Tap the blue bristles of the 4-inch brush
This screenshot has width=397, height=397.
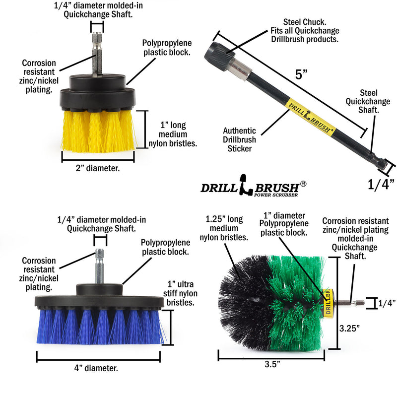coord(99,328)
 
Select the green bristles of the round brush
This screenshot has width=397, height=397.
coord(295,303)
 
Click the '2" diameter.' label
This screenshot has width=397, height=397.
coord(98,168)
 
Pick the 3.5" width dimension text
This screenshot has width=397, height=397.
coord(272,364)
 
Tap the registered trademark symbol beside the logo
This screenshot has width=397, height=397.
coord(303,184)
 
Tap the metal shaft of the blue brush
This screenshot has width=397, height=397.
coord(100,265)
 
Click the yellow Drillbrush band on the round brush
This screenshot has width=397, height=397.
coord(327,301)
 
